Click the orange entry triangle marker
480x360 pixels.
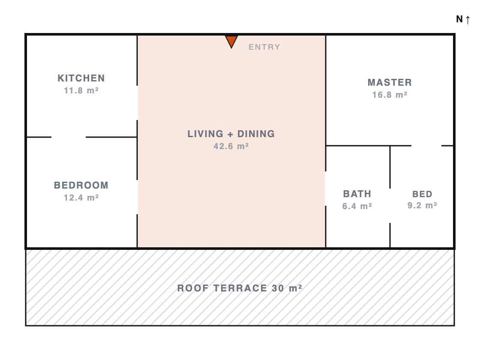point(231,40)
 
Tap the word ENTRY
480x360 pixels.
point(264,47)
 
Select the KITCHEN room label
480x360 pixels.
point(81,78)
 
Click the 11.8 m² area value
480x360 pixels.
point(81,90)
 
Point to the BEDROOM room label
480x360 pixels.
point(81,185)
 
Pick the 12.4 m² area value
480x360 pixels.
point(81,198)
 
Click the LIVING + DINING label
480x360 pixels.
point(231,134)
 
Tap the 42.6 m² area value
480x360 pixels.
point(231,146)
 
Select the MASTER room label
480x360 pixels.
point(390,82)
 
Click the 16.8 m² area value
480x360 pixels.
point(390,95)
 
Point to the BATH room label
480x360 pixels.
point(357,194)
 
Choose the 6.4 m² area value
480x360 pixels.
point(357,206)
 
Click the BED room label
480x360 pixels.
point(423,194)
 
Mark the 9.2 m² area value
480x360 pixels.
point(423,205)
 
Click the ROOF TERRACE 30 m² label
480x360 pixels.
point(240,288)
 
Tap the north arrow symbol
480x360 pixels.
point(468,20)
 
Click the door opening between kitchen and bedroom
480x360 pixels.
point(69,137)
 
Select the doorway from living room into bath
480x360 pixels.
point(326,189)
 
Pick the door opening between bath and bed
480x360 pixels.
point(390,206)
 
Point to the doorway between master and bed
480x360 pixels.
point(426,146)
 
